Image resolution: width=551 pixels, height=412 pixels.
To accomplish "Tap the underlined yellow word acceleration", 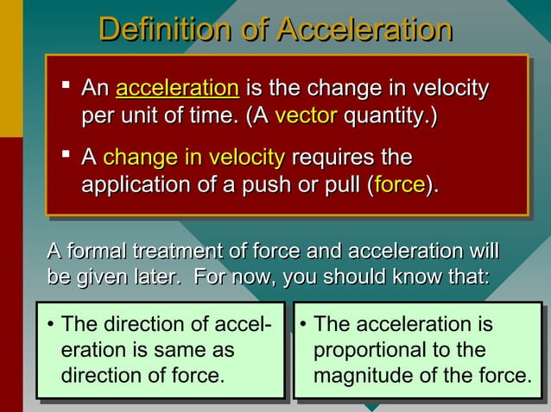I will coord(177,88).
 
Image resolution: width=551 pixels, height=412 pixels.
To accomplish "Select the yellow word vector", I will coord(305,115).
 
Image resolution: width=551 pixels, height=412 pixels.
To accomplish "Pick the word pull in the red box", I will coord(341,184).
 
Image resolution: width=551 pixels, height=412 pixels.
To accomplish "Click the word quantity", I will coord(389,115).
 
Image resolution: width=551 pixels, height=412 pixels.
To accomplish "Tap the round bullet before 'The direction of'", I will coord(51,326).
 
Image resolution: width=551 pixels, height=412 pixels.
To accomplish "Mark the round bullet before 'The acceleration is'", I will coord(303,326).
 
